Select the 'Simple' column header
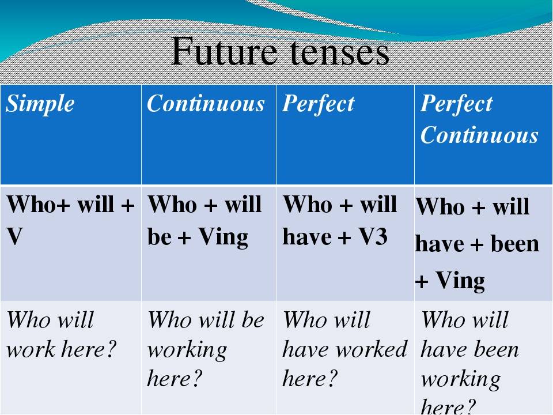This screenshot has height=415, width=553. [41, 104]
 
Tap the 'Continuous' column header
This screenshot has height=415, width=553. [206, 104]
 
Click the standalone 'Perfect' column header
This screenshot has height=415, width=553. [318, 104]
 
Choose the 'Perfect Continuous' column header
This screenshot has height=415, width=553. [479, 120]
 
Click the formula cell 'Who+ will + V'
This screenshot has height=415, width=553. [70, 220]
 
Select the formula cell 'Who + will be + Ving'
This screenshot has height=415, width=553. [204, 220]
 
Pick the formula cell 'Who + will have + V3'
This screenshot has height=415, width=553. [340, 220]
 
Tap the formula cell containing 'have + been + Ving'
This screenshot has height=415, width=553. [477, 244]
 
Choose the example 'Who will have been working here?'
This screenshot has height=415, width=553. [469, 363]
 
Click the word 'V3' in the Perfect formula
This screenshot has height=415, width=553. [372, 237]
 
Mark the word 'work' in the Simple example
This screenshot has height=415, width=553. [28, 350]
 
